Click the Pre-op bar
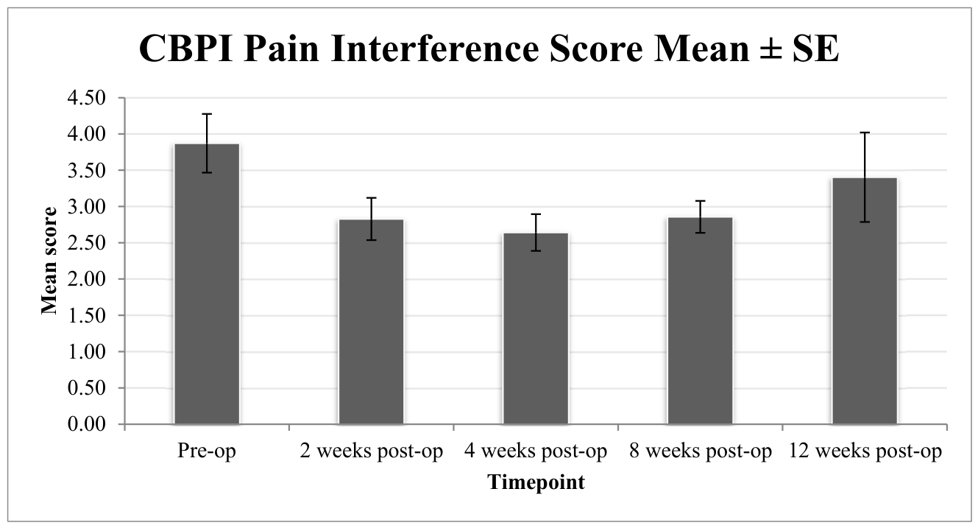(207, 284)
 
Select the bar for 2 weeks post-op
(371, 322)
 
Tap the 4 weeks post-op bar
(536, 328)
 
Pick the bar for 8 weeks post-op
(701, 321)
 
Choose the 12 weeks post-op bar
(865, 301)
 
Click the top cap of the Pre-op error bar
(207, 114)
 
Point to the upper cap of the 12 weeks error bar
(865, 133)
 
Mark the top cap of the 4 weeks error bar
(536, 214)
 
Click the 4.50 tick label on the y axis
(87, 97)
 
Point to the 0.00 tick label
(87, 424)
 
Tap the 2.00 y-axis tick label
(87, 279)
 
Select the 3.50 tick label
(87, 170)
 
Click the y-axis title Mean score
(49, 261)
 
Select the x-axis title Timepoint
(536, 482)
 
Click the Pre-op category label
(207, 451)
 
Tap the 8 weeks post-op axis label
(701, 451)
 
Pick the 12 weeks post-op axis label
(865, 451)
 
